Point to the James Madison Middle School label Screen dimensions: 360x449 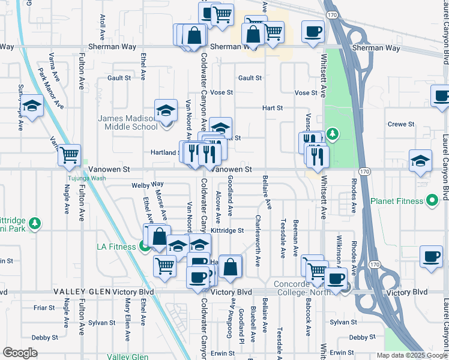coord(127,122)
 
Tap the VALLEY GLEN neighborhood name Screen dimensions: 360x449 coord(81,292)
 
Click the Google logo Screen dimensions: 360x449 coord(20,353)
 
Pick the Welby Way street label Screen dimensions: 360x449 coord(148,185)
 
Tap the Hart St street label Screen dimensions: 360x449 coord(273,108)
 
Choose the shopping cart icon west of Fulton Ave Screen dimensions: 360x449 coord(69,155)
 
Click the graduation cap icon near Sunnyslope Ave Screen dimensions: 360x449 coord(32,106)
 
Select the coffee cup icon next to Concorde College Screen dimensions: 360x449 coord(336,278)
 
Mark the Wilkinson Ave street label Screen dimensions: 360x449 coord(339,251)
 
